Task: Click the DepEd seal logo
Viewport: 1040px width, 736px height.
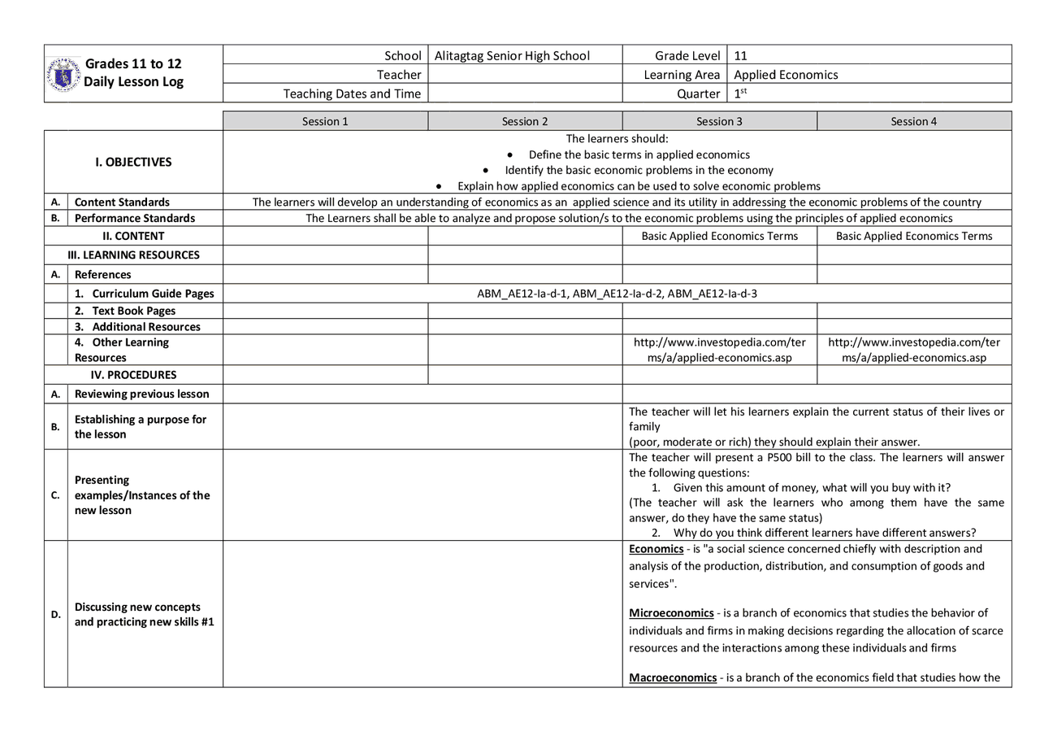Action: point(63,74)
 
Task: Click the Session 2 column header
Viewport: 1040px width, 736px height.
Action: point(525,121)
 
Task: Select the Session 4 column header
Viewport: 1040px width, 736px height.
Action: point(913,121)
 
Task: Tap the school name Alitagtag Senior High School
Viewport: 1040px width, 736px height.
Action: point(512,56)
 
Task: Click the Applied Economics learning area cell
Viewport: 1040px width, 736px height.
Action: point(786,75)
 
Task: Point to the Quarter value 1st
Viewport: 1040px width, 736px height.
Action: point(739,94)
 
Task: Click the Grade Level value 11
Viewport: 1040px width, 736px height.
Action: point(740,56)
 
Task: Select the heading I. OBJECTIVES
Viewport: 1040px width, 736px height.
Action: point(133,162)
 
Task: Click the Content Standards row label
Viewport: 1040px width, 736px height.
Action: point(122,202)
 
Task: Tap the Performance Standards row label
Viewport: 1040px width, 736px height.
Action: point(135,218)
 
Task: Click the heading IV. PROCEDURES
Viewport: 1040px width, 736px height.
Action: point(133,375)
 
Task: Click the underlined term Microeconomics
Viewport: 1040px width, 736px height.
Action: point(671,612)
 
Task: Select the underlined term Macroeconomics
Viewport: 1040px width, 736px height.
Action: point(673,677)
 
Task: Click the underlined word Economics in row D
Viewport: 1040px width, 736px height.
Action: point(656,549)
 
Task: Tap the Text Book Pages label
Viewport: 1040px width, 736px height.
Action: point(133,311)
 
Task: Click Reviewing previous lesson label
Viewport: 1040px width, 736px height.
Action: point(141,394)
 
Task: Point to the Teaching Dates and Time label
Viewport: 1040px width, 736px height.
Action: point(352,94)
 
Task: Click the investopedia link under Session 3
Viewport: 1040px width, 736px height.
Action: point(719,350)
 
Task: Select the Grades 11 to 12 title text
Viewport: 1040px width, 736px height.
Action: point(133,63)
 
